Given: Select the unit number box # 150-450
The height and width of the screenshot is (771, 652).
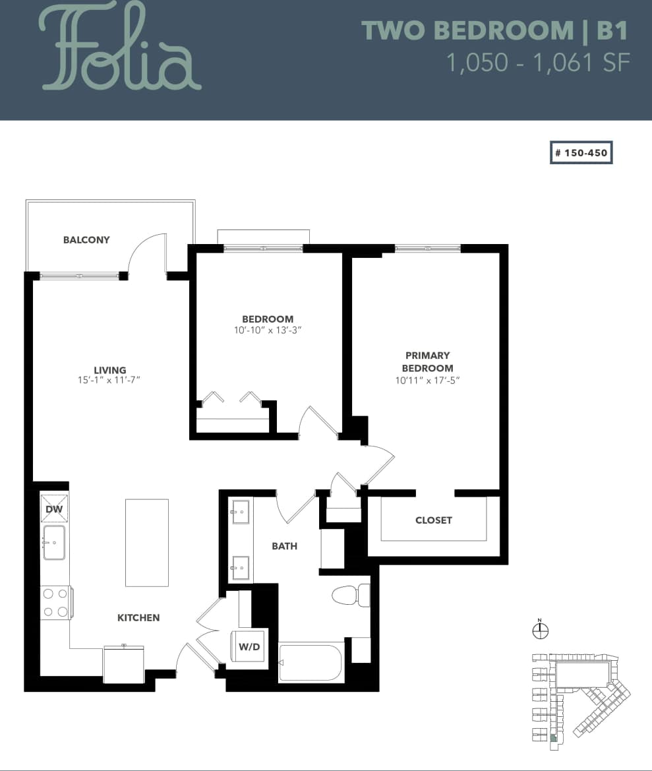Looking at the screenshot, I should pyautogui.click(x=581, y=152).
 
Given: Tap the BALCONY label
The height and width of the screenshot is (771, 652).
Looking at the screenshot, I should pyautogui.click(x=86, y=240).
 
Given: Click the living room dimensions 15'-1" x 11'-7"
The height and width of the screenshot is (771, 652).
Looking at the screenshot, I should pyautogui.click(x=109, y=380).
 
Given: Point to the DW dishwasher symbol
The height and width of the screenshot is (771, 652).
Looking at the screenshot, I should pyautogui.click(x=54, y=509).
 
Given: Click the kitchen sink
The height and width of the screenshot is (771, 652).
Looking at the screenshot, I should pyautogui.click(x=54, y=542).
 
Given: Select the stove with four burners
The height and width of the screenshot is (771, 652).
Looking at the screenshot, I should pyautogui.click(x=55, y=603).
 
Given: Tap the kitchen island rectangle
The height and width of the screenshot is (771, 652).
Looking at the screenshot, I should pyautogui.click(x=147, y=543).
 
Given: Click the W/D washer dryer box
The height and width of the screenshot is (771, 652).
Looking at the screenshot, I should pyautogui.click(x=249, y=647).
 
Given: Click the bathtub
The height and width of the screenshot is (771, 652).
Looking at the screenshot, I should pyautogui.click(x=311, y=662).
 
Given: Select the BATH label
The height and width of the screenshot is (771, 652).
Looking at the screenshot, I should pyautogui.click(x=285, y=546).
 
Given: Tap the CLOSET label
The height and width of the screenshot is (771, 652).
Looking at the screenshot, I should pyautogui.click(x=434, y=520).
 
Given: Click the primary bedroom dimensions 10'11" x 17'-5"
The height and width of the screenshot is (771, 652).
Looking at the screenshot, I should pyautogui.click(x=428, y=381).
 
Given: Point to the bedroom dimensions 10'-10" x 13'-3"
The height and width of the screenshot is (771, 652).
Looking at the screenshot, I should pyautogui.click(x=268, y=330).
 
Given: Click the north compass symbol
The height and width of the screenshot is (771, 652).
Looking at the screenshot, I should pyautogui.click(x=540, y=631).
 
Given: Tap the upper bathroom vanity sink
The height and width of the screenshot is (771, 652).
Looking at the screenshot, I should pyautogui.click(x=239, y=511).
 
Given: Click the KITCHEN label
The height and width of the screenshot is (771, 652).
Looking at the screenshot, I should pyautogui.click(x=138, y=618).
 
